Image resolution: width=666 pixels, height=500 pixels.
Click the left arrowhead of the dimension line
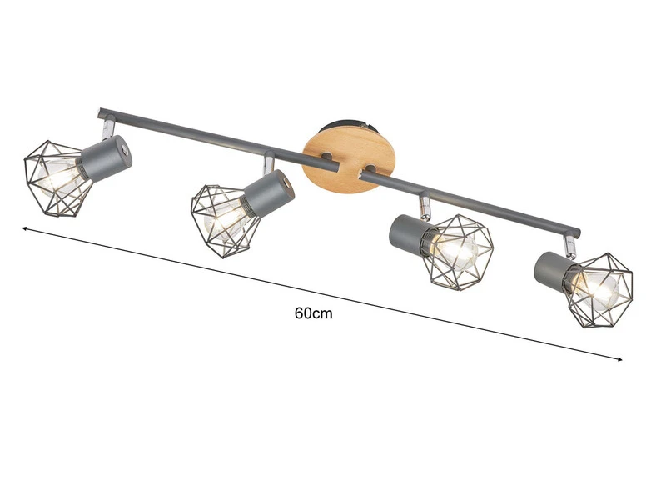click(25, 227)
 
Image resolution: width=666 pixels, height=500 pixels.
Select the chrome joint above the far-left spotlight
click(107, 128)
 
